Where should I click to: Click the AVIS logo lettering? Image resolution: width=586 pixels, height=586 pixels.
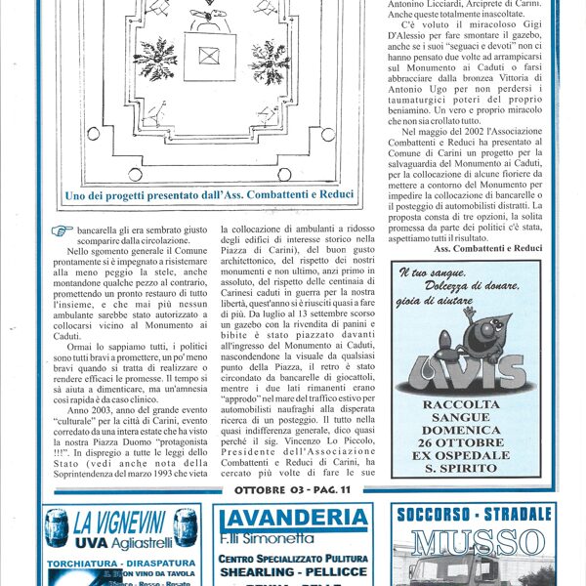466,374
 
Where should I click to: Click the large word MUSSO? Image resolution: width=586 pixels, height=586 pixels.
474,542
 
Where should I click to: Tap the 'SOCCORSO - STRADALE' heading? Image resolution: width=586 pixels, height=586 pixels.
474,514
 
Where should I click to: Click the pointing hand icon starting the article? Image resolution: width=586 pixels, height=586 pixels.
63,230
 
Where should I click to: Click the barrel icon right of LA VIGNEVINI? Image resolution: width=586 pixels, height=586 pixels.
183,526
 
